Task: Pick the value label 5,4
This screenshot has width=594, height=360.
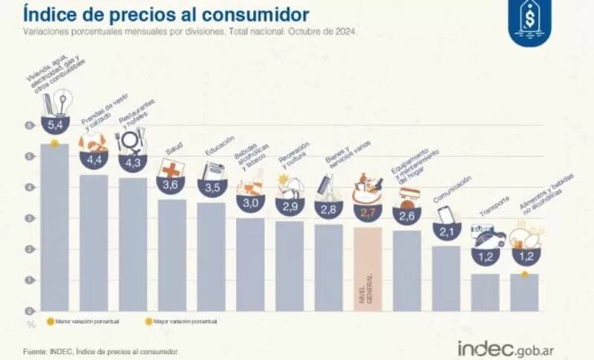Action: pos(54,125)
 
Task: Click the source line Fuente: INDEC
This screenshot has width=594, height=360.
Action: pos(101,352)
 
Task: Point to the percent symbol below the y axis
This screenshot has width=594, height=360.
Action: pos(31,324)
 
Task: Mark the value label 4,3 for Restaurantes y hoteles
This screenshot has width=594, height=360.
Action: pos(133,161)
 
